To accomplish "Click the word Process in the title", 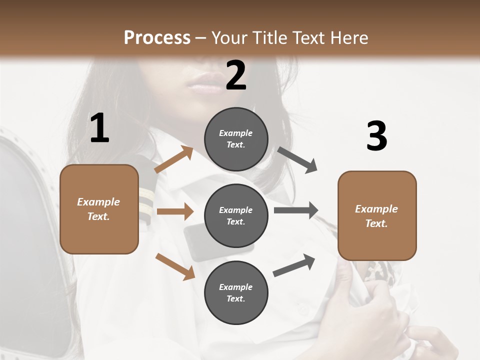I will [157, 37].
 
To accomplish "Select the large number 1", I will [99, 128].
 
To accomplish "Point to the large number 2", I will [236, 75].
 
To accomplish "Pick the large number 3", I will [376, 136].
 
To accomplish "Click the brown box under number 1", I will [99, 209].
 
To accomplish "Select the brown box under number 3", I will [377, 216].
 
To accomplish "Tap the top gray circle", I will [236, 139].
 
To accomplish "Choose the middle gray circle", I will [236, 215].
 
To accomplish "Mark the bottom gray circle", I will [236, 292].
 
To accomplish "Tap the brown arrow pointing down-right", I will [175, 266].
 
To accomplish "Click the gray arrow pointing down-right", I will [297, 160].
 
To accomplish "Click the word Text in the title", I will [310, 37].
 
